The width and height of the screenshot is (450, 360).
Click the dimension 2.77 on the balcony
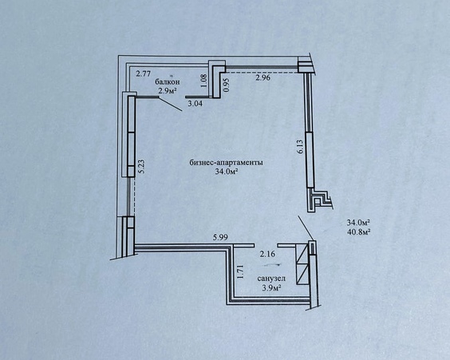pyautogui.click(x=143, y=74)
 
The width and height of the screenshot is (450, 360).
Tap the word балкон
pyautogui.click(x=168, y=81)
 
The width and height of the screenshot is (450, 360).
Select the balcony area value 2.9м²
pyautogui.click(x=168, y=91)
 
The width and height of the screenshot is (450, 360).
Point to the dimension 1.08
pyautogui.click(x=203, y=81)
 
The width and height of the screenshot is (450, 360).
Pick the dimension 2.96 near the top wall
pyautogui.click(x=262, y=77)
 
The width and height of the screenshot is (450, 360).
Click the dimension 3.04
pyautogui.click(x=195, y=103)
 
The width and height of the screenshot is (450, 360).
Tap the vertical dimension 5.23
pyautogui.click(x=142, y=166)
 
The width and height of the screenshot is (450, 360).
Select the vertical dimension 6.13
pyautogui.click(x=301, y=146)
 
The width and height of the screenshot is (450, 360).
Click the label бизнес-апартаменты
pyautogui.click(x=227, y=163)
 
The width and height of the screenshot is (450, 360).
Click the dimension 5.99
pyautogui.click(x=220, y=237)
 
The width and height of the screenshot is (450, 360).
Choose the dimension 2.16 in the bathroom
pyautogui.click(x=267, y=254)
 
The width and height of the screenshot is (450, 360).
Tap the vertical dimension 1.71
pyautogui.click(x=240, y=271)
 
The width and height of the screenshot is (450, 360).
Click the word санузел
pyautogui.click(x=271, y=279)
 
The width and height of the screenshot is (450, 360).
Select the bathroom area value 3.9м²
pyautogui.click(x=271, y=288)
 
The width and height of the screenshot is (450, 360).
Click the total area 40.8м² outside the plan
pyautogui.click(x=358, y=231)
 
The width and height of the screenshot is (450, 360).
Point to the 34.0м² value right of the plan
pyautogui.click(x=358, y=223)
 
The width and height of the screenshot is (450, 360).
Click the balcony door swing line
pyautogui.click(x=170, y=105)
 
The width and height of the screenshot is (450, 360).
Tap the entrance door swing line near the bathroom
pyautogui.click(x=306, y=228)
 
